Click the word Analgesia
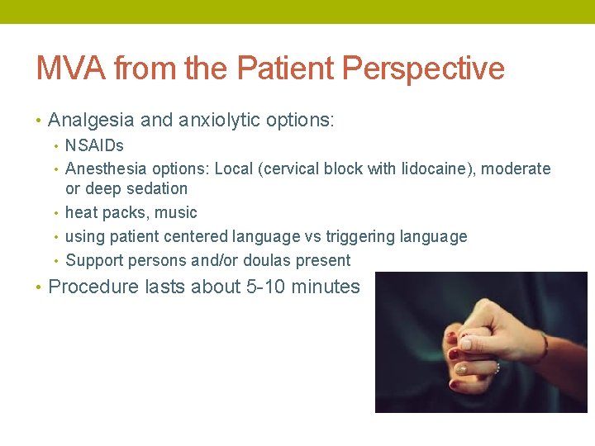point(91,121)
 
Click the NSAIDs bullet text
point(94,146)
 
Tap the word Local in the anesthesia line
point(235,169)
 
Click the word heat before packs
point(82,213)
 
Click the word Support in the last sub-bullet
point(93,261)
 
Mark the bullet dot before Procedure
point(39,287)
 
